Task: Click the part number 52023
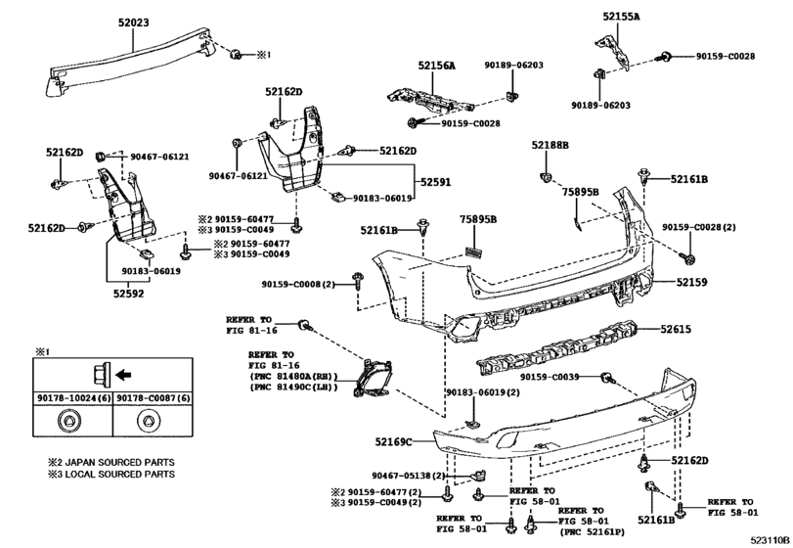[x=134, y=23]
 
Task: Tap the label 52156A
[x=436, y=66]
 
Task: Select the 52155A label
[x=621, y=17]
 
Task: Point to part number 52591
[x=435, y=182]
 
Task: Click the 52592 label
[x=128, y=294]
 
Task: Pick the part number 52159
[x=692, y=282]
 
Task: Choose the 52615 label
[x=676, y=329]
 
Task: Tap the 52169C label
[x=393, y=441]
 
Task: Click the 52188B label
[x=550, y=145]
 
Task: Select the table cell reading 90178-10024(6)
[x=73, y=398]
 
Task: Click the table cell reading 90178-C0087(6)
[x=154, y=398]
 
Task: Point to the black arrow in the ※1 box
[x=123, y=375]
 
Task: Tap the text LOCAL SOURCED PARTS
[x=120, y=475]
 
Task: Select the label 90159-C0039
[x=550, y=377]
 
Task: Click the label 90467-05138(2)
[x=408, y=476]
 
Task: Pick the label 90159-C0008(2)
[x=298, y=285]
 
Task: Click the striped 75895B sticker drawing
[x=474, y=252]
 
